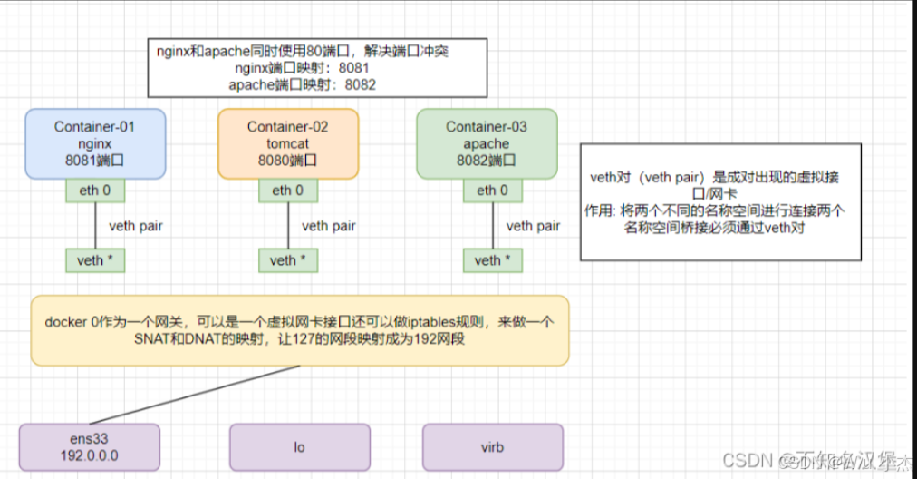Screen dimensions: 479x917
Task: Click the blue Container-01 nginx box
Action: [95, 143]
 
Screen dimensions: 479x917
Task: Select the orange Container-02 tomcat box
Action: [288, 143]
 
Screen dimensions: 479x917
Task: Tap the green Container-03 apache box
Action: [486, 143]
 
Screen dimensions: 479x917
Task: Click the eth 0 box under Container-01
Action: [95, 191]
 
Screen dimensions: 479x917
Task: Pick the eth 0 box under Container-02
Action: [288, 191]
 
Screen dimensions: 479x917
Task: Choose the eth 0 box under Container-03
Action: [493, 191]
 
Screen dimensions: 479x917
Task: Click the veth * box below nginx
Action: [95, 260]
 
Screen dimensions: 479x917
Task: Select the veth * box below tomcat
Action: [288, 260]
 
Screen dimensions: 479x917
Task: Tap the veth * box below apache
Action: [493, 260]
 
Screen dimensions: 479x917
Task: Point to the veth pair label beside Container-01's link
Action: [136, 226]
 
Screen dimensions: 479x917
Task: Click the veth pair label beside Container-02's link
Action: [329, 226]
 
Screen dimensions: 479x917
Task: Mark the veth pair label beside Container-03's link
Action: [534, 226]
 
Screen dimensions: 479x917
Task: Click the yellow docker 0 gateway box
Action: [300, 330]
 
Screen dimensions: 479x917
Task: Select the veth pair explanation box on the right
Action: [720, 201]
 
